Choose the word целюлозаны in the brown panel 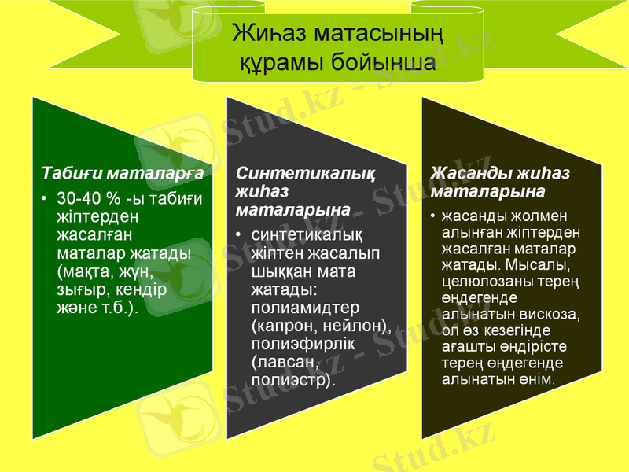[x=483, y=282]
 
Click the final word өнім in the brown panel [x=538, y=379]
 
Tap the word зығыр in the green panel [x=80, y=289]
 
